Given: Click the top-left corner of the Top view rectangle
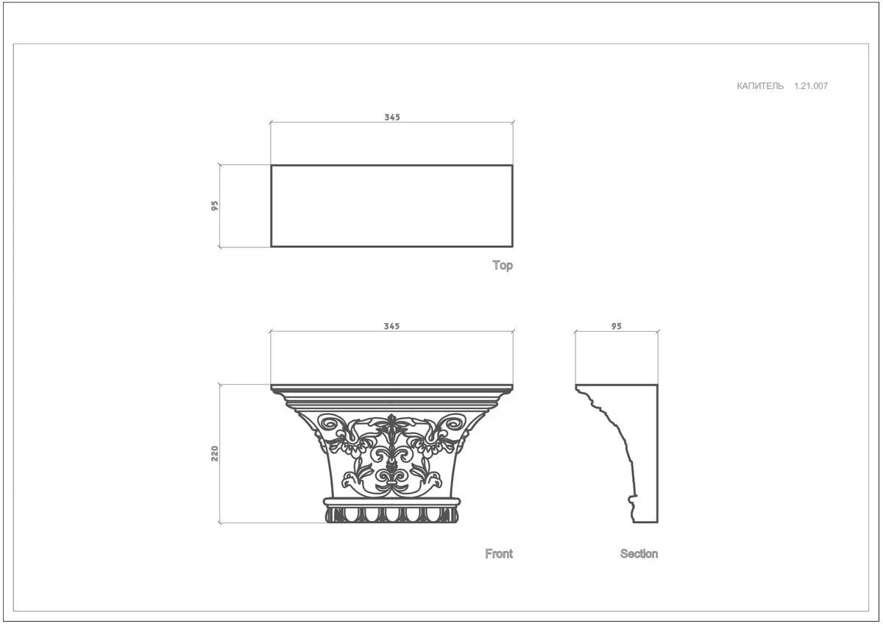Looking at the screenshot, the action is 272,165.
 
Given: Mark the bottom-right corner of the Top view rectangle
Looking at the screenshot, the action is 512,247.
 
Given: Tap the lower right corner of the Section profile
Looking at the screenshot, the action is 658,522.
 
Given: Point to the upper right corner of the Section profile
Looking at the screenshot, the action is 658,385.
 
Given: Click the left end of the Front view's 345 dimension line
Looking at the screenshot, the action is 271,332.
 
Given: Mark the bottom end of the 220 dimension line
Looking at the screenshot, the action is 220,523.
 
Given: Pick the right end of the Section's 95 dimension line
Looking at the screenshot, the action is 658,332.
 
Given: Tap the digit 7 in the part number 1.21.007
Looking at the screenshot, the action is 825,86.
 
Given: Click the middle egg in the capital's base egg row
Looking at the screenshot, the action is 391,514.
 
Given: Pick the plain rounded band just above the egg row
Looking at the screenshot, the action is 391,502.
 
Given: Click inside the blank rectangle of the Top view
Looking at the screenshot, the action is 391,206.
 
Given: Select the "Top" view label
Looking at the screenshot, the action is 503,266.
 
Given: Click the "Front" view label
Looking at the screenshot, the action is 499,554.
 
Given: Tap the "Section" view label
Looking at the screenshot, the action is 639,554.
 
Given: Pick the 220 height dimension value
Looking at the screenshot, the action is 214,453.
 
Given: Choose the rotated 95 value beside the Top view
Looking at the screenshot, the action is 214,206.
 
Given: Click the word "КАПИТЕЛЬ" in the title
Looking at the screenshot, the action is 760,86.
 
